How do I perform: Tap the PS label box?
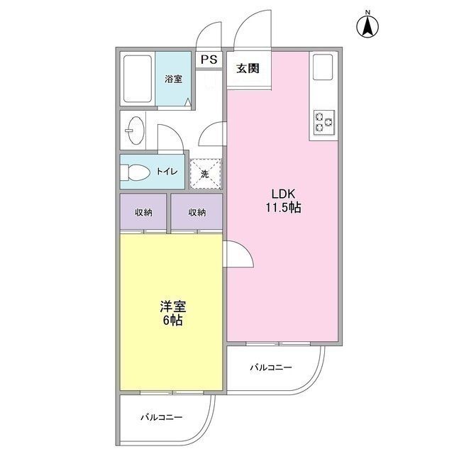tap(209, 60)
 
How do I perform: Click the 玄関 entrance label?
tap(248, 69)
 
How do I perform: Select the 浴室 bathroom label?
tap(174, 79)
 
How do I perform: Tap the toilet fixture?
tap(135, 172)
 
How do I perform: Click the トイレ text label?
tap(168, 172)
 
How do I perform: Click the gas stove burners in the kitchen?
tap(323, 121)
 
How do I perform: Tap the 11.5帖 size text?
tap(284, 208)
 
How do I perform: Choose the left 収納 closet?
tap(144, 212)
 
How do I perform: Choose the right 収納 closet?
tap(197, 212)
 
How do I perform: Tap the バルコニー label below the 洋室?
tap(161, 416)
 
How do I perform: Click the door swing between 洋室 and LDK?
tap(237, 254)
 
